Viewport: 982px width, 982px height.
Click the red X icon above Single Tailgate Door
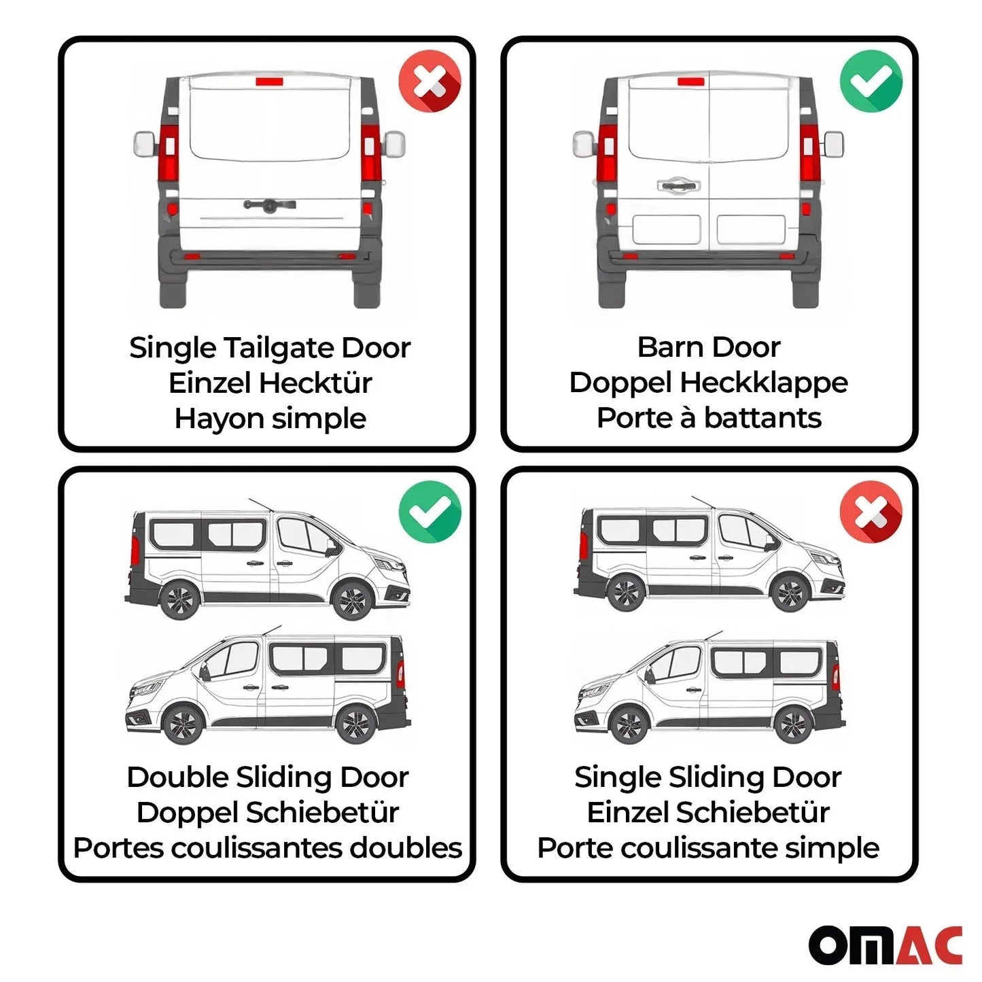pyautogui.click(x=429, y=82)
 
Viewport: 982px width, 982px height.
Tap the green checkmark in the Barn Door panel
pyautogui.click(x=871, y=82)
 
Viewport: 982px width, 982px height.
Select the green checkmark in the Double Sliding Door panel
pyautogui.click(x=429, y=511)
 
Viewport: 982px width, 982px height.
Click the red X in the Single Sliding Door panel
pyautogui.click(x=871, y=511)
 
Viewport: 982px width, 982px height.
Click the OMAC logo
pyautogui.click(x=885, y=944)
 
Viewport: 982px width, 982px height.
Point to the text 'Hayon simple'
pyautogui.click(x=270, y=419)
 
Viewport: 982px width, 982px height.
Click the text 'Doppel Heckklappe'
pyautogui.click(x=708, y=383)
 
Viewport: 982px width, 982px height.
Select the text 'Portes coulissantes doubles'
pyautogui.click(x=267, y=848)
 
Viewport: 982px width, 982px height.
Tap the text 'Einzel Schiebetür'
pyautogui.click(x=708, y=813)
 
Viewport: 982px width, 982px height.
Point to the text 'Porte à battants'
pyautogui.click(x=709, y=418)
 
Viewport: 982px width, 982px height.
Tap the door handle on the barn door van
pyautogui.click(x=678, y=185)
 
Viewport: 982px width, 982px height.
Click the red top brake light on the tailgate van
pyautogui.click(x=270, y=82)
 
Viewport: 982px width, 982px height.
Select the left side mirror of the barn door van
pyautogui.click(x=583, y=144)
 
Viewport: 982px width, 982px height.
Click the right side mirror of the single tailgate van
pyautogui.click(x=394, y=144)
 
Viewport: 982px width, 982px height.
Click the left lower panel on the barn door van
pyautogui.click(x=666, y=230)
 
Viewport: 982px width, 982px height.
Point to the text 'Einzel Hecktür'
pyautogui.click(x=270, y=383)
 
